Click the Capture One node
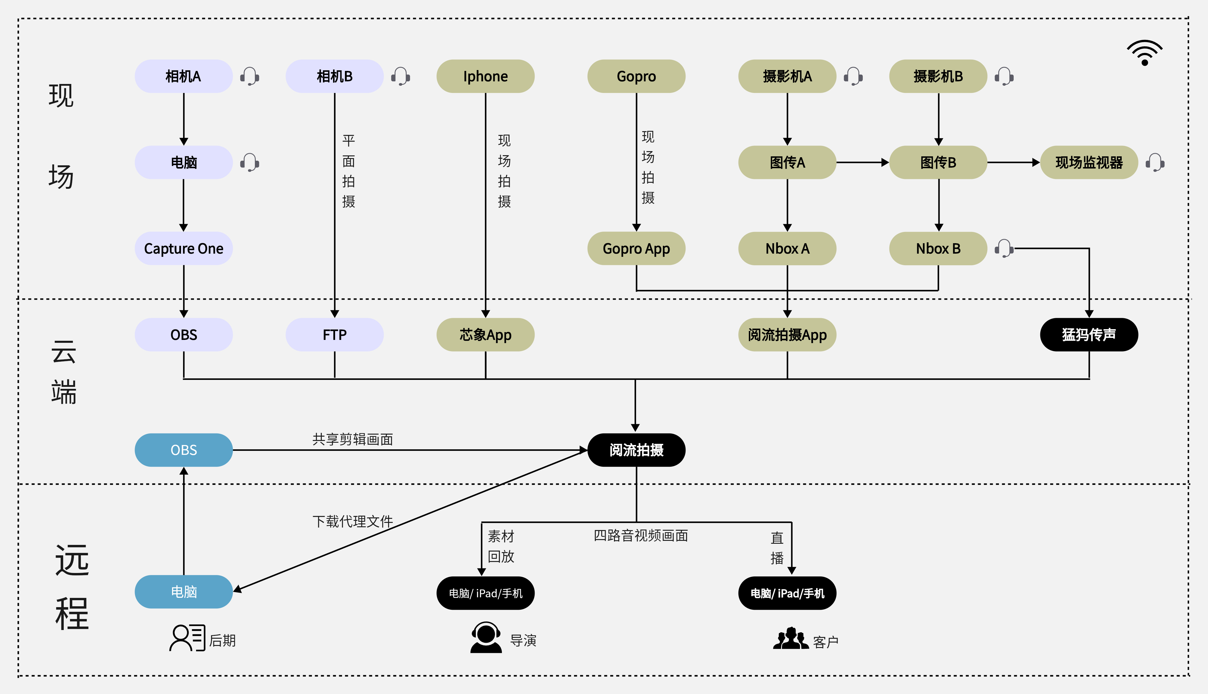tap(184, 248)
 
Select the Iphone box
tap(485, 76)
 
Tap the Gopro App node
tap(636, 248)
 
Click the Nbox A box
tap(787, 248)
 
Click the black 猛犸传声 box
tap(1089, 335)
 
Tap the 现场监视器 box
tap(1089, 162)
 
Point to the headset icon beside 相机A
tap(249, 76)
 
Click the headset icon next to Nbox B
tap(1004, 248)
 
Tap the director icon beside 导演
tap(486, 637)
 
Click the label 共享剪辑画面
tap(353, 439)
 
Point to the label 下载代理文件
tap(353, 521)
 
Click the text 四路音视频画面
tap(641, 535)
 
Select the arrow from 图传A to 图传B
tap(862, 162)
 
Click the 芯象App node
tap(485, 335)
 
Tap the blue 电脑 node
tap(184, 592)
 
